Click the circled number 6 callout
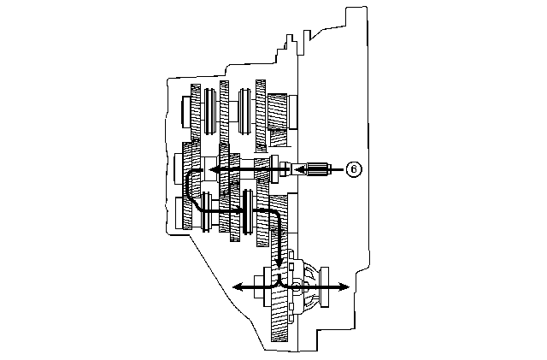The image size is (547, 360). tap(354, 169)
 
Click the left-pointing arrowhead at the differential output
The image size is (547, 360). tap(238, 287)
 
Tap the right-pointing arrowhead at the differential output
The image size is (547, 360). tap(344, 287)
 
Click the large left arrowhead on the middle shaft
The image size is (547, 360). tap(215, 169)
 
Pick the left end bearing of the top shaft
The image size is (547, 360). tap(186, 112)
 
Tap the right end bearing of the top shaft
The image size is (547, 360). tap(292, 112)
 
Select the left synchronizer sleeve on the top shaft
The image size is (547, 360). tap(209, 110)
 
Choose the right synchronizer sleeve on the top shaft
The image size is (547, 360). tap(244, 110)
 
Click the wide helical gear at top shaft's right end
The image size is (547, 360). tap(277, 111)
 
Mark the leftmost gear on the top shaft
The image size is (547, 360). tap(196, 112)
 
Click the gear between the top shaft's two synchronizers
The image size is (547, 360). tap(224, 112)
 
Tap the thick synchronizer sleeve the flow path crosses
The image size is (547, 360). tap(248, 211)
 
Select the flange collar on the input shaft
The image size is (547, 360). tap(274, 169)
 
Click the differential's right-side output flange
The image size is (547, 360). tap(325, 287)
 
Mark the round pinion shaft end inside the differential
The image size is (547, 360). tap(297, 287)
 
